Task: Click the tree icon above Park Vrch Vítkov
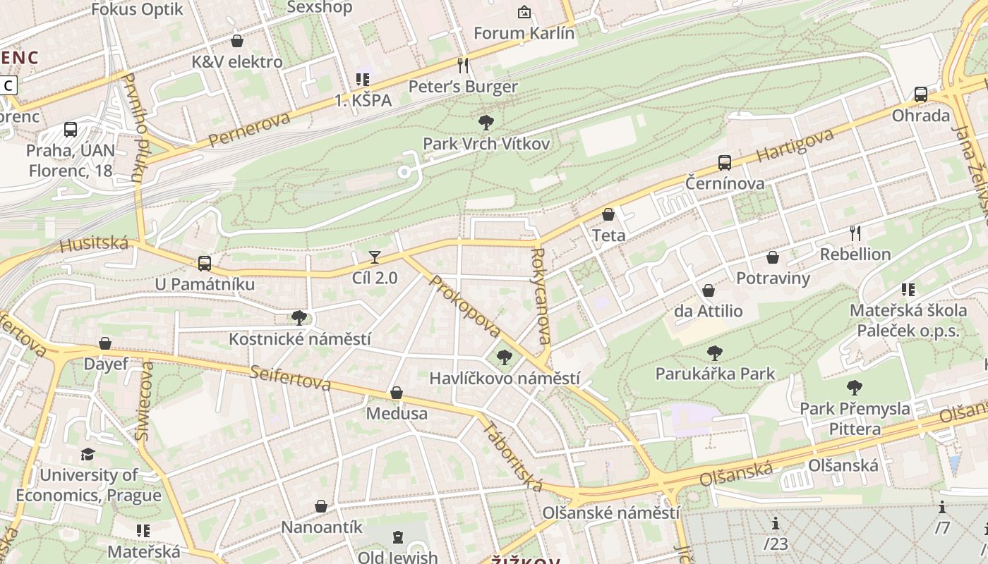[486, 123]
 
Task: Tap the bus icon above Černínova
[724, 163]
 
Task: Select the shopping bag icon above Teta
[608, 214]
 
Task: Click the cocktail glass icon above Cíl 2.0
[375, 257]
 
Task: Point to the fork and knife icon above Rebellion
[855, 233]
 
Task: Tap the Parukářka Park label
[715, 374]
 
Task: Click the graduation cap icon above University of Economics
[88, 454]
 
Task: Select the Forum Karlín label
[524, 33]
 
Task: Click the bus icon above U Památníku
[204, 264]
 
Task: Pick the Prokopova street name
[464, 306]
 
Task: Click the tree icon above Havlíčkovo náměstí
[504, 357]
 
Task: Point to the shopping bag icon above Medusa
[397, 393]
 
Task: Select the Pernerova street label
[249, 129]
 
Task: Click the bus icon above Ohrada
[920, 94]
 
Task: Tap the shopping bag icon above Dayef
[105, 343]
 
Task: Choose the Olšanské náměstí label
[610, 513]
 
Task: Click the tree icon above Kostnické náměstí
[299, 318]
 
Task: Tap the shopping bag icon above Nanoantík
[321, 506]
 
